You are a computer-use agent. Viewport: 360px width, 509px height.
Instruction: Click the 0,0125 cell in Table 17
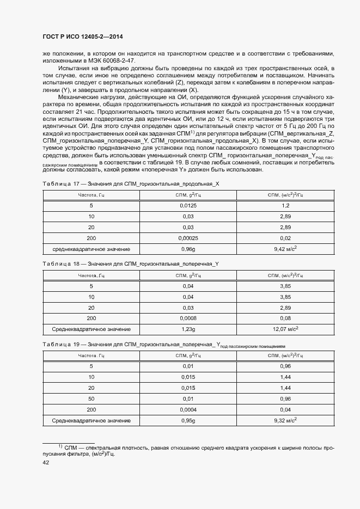(x=187, y=206)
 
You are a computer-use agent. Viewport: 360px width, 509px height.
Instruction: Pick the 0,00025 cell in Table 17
(x=187, y=238)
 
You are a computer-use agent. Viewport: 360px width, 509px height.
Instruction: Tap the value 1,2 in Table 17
(x=285, y=206)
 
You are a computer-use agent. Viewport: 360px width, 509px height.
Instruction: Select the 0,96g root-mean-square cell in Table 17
(x=187, y=249)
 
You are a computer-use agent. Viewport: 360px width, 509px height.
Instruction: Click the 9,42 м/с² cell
(x=285, y=249)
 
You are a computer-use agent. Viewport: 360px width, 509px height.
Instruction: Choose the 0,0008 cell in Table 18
(x=187, y=318)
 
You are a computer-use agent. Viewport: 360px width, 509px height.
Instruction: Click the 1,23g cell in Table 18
(x=187, y=329)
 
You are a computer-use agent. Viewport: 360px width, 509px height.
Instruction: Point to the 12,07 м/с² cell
(x=285, y=329)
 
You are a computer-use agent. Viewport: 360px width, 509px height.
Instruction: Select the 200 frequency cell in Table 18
(x=91, y=318)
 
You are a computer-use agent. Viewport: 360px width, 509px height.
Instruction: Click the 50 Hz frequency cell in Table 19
(x=91, y=398)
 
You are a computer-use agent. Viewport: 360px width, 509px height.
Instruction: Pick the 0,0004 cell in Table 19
(x=187, y=409)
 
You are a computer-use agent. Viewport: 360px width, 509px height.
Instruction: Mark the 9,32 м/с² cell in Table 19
(x=285, y=420)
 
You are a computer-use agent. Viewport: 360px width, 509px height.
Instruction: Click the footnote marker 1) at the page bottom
(x=60, y=446)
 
